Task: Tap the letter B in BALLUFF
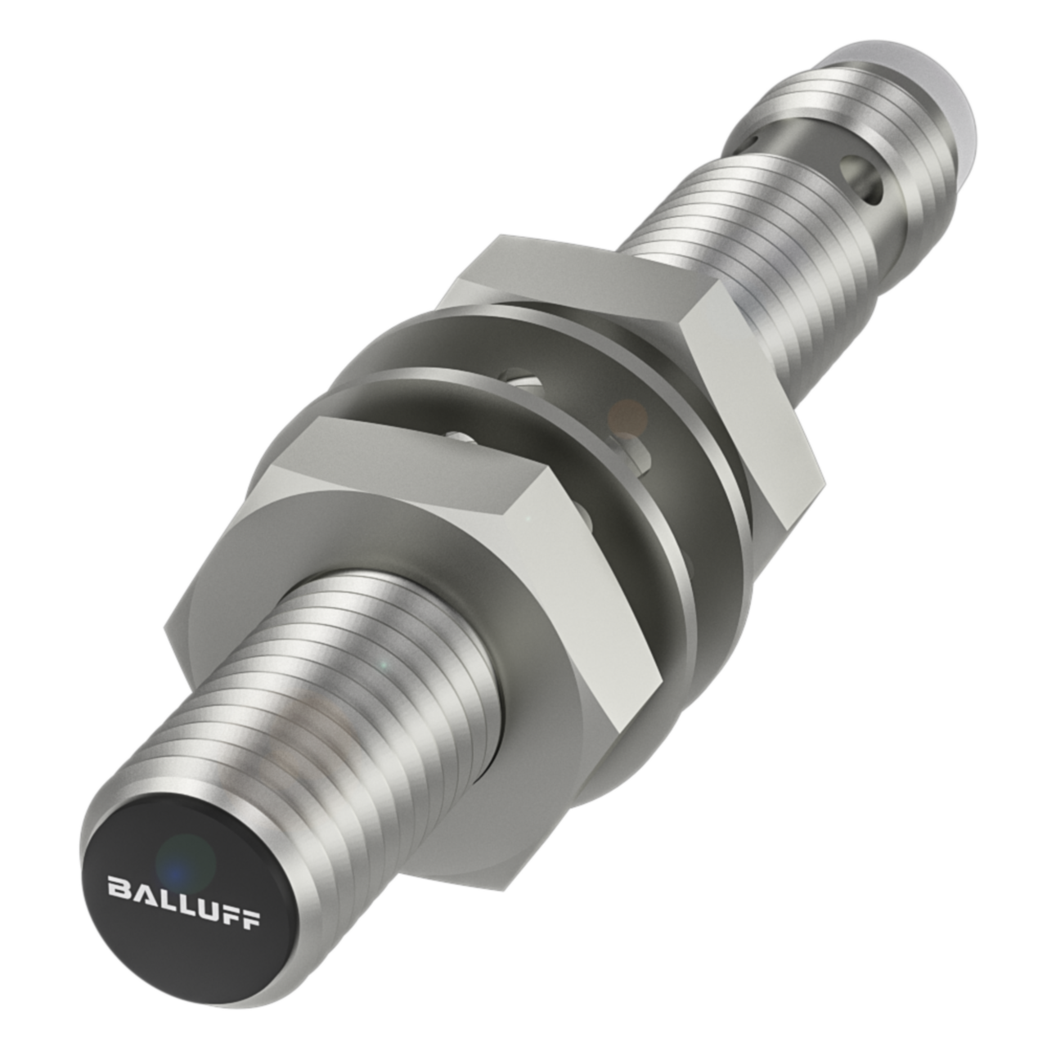[118, 886]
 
